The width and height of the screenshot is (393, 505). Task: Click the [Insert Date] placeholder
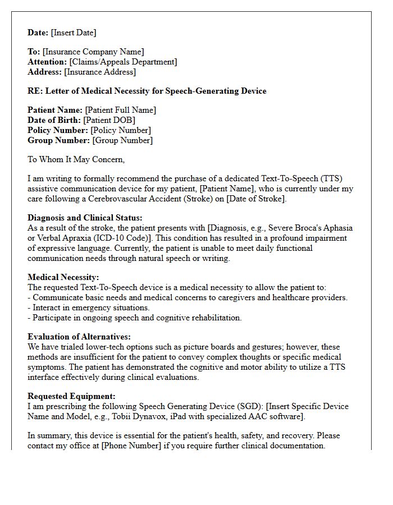pos(74,33)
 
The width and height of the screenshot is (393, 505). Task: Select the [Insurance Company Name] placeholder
pos(93,52)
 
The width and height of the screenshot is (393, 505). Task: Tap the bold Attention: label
pos(47,62)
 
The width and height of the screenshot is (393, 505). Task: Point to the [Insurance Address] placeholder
pos(100,72)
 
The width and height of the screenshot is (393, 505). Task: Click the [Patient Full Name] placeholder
pos(120,111)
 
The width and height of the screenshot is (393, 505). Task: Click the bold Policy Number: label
pos(58,131)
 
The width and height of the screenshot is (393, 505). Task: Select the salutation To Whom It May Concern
pos(76,160)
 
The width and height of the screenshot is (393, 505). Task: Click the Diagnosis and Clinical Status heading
pos(85,218)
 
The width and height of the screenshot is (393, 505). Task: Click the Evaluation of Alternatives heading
pos(79,337)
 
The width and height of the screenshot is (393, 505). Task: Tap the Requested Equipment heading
pos(71,396)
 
